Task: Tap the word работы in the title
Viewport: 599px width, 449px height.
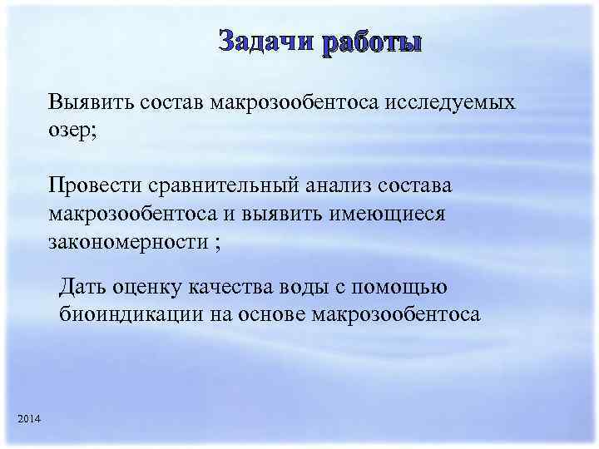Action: coord(372,42)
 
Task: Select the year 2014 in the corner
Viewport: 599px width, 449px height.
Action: coord(27,416)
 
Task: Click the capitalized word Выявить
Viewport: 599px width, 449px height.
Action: coord(84,104)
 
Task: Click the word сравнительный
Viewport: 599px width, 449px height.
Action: coord(224,185)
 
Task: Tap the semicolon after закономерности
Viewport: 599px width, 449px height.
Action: coord(218,244)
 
